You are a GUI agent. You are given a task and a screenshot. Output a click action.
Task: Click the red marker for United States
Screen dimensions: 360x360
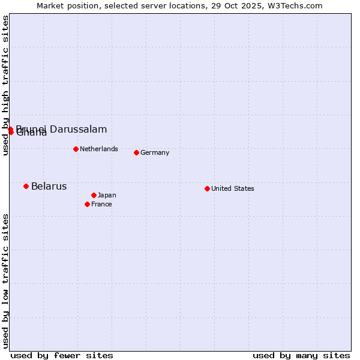tap(207, 188)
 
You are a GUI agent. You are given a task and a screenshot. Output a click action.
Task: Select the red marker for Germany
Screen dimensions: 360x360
tap(136, 152)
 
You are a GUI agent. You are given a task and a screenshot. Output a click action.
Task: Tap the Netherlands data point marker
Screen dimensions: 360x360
tap(76, 149)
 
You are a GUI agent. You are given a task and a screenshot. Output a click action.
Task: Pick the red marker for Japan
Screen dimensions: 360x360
tap(94, 195)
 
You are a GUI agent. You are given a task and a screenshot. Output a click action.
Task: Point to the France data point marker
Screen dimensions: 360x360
tap(87, 204)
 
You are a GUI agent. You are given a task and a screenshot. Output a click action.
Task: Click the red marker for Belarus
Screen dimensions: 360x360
tap(26, 186)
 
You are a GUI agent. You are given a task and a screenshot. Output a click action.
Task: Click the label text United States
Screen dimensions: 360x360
tap(232, 188)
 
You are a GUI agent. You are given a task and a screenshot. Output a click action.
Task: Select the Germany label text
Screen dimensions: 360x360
tap(155, 152)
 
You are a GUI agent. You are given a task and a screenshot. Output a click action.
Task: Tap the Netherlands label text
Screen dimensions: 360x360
tap(98, 149)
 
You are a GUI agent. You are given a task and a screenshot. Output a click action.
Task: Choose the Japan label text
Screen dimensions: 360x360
tap(107, 195)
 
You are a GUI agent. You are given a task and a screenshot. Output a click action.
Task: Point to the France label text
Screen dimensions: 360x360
tap(101, 204)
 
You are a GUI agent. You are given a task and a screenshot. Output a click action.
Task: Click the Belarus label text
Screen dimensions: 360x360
tap(49, 186)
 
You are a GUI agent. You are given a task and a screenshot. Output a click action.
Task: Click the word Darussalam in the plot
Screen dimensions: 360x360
tap(79, 129)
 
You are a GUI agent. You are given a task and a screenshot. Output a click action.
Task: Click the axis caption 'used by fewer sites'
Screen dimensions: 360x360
tap(62, 355)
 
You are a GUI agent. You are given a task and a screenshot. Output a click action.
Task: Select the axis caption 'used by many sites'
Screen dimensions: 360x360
tap(301, 355)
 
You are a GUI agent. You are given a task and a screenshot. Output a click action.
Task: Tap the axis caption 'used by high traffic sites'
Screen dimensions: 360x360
tap(5, 86)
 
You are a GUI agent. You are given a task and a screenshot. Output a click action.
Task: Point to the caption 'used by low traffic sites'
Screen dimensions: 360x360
tap(5, 281)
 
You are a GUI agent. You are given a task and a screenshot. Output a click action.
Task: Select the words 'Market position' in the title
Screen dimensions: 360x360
tap(64, 5)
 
